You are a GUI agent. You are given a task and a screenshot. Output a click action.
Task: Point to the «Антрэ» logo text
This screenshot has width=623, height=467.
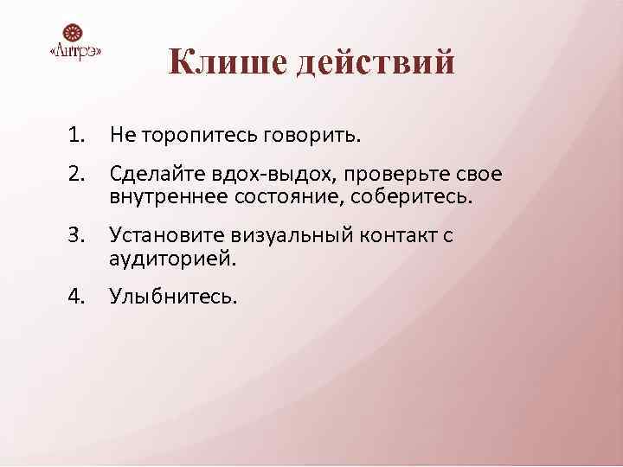pos(76,52)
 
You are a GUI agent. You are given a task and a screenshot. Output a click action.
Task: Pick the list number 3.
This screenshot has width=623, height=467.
pos(79,234)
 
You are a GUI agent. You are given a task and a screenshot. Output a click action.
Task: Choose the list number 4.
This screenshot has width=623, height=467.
pos(79,296)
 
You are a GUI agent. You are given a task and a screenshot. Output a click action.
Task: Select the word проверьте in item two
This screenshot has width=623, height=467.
pos(373,176)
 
